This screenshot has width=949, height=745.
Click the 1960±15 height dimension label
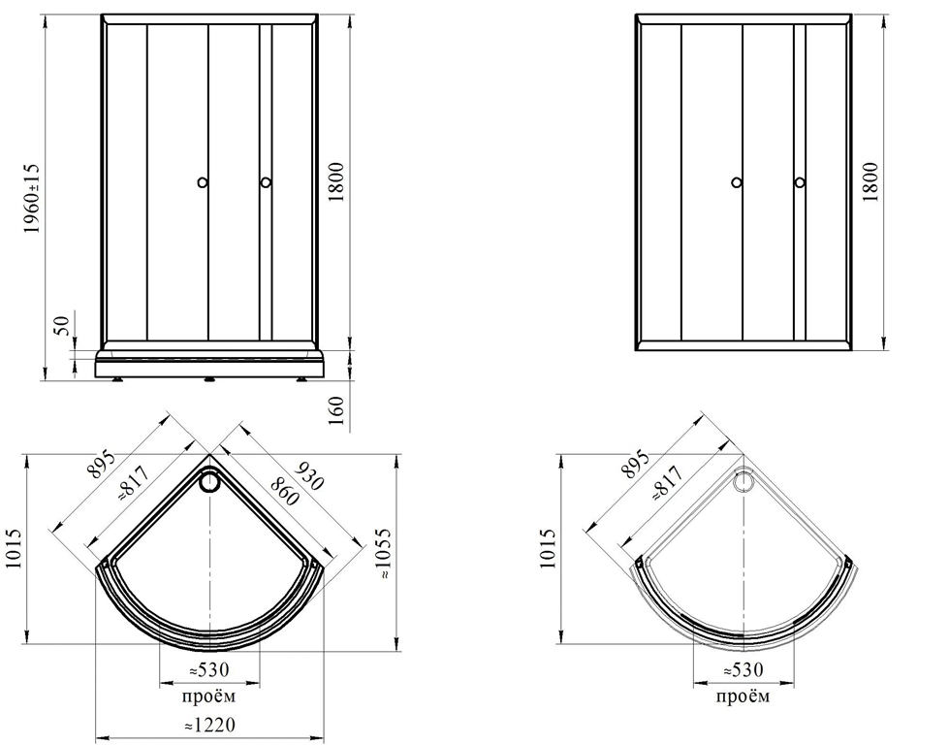[30, 199]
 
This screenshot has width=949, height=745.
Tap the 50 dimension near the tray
[63, 326]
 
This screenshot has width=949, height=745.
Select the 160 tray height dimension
[336, 410]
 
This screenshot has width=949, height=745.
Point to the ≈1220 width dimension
[209, 724]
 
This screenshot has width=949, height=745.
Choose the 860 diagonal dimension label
[284, 491]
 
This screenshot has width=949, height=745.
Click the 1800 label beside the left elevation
[336, 182]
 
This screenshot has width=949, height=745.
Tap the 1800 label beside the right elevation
[870, 182]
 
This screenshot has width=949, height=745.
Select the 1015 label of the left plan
[14, 549]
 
